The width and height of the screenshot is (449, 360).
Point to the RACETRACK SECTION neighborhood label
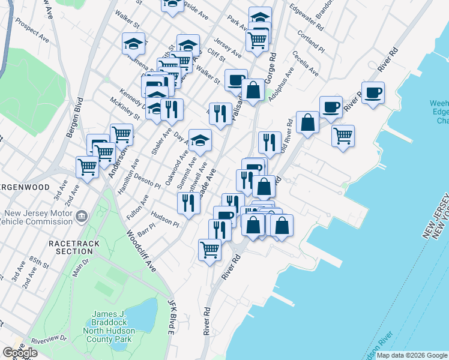(x=71, y=247)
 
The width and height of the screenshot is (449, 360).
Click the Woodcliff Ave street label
(x=141, y=251)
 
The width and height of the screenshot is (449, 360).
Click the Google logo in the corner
(x=20, y=352)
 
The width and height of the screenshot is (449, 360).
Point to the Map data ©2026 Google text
(x=411, y=355)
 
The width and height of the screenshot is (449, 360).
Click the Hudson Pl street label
(x=165, y=220)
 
